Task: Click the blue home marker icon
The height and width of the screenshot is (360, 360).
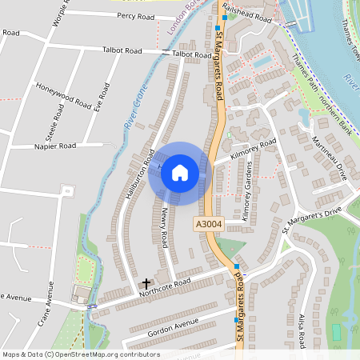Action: [180, 172]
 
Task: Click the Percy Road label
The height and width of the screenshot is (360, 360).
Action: [135, 16]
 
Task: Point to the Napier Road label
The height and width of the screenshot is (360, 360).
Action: [55, 146]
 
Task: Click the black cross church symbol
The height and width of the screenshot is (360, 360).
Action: [146, 283]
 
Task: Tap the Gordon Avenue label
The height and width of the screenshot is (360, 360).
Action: [172, 326]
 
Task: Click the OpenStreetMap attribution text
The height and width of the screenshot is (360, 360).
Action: [81, 354]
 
